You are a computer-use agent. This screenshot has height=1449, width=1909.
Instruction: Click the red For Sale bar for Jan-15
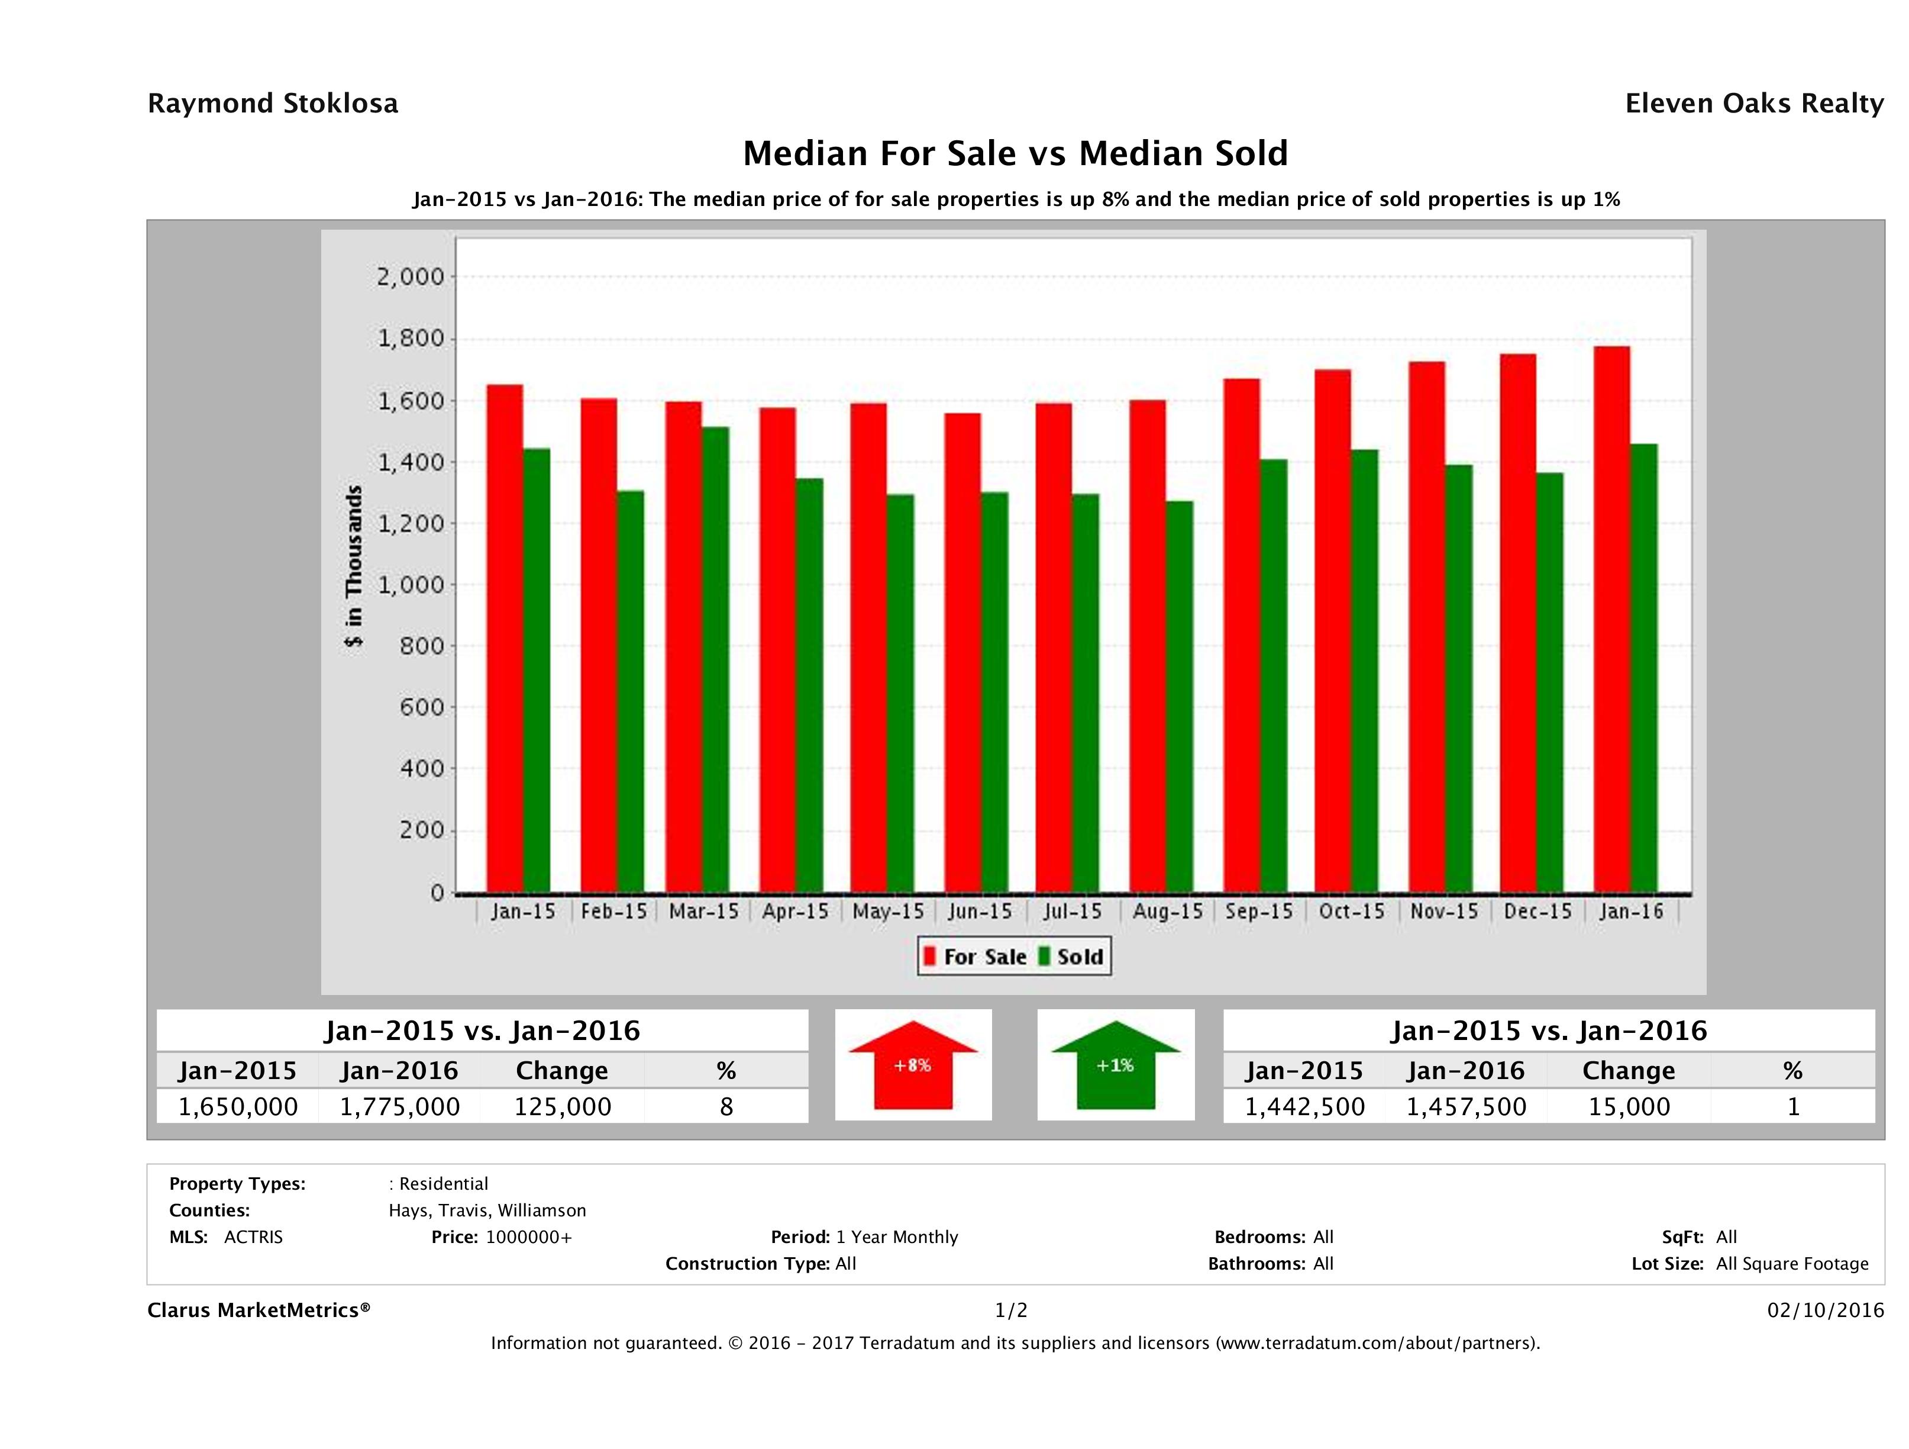[504, 639]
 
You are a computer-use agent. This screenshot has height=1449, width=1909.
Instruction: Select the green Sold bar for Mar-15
[715, 661]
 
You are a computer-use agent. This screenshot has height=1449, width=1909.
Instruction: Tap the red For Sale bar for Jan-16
[1611, 620]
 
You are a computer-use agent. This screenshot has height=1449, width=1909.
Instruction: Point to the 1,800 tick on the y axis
[411, 339]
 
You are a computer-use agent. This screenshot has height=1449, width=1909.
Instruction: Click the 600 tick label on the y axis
[421, 707]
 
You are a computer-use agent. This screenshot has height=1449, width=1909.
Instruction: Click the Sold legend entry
[1071, 957]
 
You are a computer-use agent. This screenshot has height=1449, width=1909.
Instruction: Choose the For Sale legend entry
[976, 957]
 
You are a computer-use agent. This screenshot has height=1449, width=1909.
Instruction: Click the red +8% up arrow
[912, 1065]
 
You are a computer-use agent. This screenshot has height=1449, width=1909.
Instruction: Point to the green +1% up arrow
[1115, 1065]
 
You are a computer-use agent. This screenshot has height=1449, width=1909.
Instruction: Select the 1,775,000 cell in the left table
[399, 1106]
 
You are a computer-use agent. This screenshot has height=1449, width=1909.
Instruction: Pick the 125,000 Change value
[563, 1106]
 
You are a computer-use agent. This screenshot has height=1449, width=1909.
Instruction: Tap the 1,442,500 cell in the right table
[1304, 1106]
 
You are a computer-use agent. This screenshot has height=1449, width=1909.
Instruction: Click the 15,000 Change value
[1629, 1106]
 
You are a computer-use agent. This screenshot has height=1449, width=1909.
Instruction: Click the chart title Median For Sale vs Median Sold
[1015, 154]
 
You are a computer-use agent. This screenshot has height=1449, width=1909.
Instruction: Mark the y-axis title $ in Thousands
[354, 566]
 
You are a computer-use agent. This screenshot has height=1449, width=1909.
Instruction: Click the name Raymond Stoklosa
[273, 104]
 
